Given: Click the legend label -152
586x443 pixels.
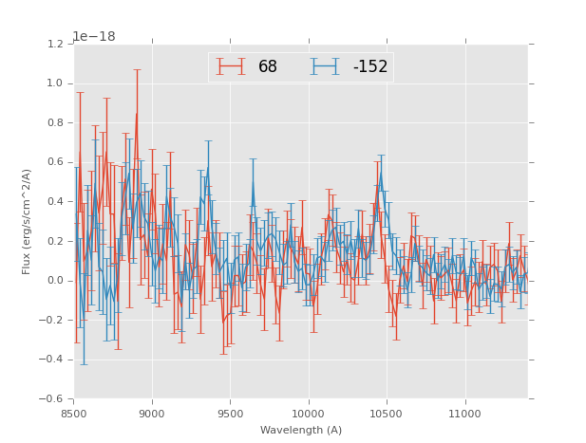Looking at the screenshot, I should [x=369, y=66].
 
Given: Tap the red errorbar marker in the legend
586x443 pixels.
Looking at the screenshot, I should [x=231, y=66].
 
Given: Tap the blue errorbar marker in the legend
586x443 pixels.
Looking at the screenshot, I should [x=325, y=66].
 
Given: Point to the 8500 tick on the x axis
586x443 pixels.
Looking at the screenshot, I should [x=74, y=414].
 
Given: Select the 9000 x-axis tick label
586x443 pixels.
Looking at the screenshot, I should [x=152, y=414].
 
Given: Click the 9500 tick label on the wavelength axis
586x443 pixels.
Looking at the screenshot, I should [x=230, y=414].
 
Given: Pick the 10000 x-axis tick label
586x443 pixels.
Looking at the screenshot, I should [x=308, y=414].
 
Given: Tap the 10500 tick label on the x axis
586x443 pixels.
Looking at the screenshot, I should [x=387, y=414].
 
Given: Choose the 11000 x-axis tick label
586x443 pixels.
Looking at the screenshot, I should [x=464, y=414].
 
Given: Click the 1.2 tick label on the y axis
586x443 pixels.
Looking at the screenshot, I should [x=54, y=44].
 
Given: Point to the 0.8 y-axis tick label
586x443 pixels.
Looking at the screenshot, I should [x=54, y=122].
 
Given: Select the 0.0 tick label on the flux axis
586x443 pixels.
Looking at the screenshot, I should [x=54, y=280].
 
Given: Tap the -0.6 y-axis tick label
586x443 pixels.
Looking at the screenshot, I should [x=51, y=398].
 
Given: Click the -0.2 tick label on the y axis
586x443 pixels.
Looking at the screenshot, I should [x=51, y=320].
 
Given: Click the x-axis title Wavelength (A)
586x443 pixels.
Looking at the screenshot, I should [x=301, y=431].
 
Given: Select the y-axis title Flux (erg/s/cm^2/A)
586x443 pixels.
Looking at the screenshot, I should [x=27, y=221].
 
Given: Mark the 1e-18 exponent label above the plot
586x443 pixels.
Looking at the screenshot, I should [x=93, y=36].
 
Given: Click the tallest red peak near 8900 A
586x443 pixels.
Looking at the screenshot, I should [x=136, y=114].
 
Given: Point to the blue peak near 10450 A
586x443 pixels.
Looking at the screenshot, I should [x=381, y=172].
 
